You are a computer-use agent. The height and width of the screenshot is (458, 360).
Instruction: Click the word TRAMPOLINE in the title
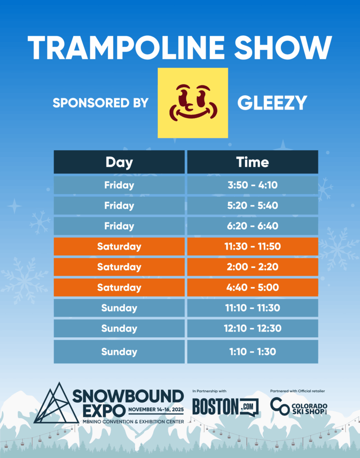point(126,47)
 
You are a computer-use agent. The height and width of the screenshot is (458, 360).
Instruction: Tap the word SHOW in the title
point(283,47)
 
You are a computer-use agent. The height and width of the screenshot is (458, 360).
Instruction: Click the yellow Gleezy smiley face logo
point(193,103)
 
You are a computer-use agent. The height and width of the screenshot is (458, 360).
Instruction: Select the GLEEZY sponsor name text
point(272,103)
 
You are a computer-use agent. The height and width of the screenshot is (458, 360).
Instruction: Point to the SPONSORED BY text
point(101,103)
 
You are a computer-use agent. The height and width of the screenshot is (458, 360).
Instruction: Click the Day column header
point(119,162)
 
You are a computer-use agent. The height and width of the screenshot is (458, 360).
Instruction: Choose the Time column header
point(253,162)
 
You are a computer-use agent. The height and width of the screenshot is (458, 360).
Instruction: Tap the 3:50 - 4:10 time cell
point(253,185)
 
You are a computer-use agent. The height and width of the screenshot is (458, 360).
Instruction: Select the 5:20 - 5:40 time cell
point(253,205)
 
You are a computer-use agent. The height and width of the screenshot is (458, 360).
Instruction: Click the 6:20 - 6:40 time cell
point(253,226)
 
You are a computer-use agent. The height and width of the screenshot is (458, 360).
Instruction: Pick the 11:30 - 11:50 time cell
point(253,246)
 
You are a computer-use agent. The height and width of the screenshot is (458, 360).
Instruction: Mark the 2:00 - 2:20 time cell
point(253,267)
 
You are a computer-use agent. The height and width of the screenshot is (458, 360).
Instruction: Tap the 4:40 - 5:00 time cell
point(253,288)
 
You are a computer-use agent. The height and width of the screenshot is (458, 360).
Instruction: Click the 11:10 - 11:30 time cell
point(253,308)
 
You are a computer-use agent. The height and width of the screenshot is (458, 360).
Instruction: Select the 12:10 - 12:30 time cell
point(253,328)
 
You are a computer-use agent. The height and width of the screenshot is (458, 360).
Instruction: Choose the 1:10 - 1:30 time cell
point(253,352)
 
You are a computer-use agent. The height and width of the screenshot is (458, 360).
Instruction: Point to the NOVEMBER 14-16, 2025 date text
point(156,410)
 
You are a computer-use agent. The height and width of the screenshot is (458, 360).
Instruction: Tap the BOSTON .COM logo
point(225,407)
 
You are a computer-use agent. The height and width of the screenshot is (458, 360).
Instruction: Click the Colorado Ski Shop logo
point(299,406)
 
